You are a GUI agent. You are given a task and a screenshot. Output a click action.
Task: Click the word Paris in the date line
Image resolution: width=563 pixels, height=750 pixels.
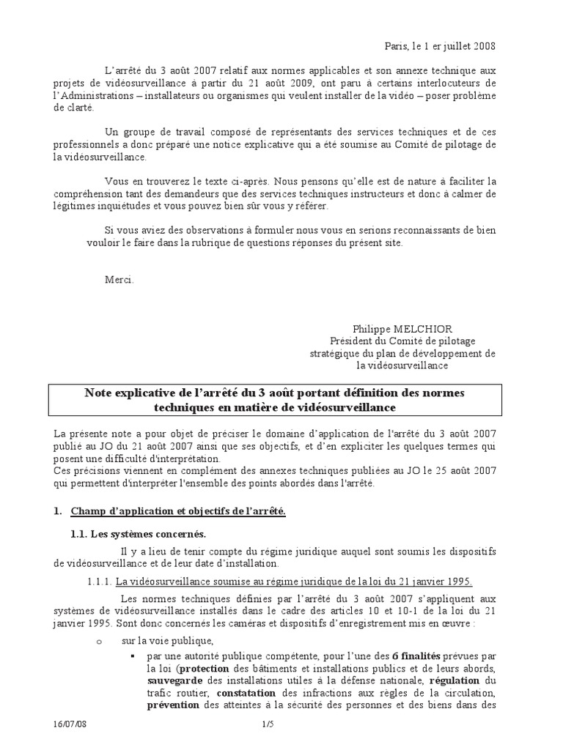tap(397, 46)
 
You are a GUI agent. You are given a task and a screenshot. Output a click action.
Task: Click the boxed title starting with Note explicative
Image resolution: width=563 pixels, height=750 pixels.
tap(275, 399)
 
